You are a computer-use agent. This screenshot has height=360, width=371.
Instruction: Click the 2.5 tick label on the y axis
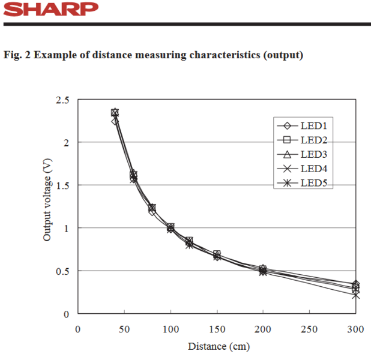point(62,100)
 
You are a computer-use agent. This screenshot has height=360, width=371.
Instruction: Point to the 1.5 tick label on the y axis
point(62,185)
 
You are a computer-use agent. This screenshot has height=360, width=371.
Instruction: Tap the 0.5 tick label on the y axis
point(62,271)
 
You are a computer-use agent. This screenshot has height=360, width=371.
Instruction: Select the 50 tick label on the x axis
point(124,329)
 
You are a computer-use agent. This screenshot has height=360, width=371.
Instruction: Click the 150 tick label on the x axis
point(217,329)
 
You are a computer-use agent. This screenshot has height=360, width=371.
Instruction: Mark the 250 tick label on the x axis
point(309,329)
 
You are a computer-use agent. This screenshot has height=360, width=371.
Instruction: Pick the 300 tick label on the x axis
point(355,329)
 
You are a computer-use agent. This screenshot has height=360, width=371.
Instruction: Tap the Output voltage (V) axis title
point(47,203)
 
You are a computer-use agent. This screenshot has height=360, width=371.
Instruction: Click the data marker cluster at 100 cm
point(170,228)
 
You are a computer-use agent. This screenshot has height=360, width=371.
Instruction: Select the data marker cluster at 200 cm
point(263,271)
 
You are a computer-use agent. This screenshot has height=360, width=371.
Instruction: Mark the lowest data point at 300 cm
point(355,295)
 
